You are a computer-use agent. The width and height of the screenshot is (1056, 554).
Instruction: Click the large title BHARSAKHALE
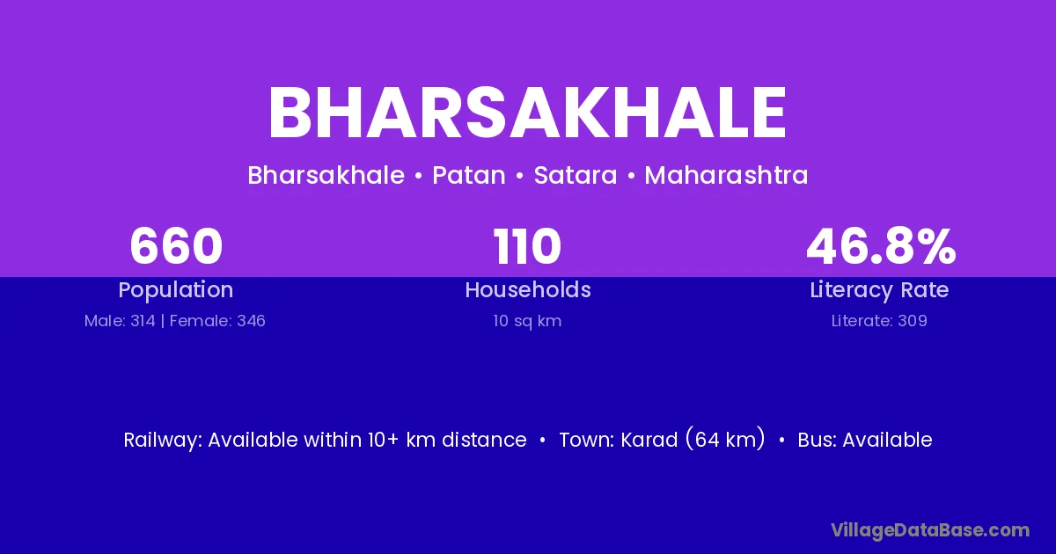[x=527, y=113]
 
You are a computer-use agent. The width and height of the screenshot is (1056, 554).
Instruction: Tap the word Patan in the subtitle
[x=469, y=176]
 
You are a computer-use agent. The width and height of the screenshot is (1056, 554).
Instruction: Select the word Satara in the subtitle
[x=576, y=176]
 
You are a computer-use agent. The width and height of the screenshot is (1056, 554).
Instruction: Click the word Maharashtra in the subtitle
[x=726, y=175]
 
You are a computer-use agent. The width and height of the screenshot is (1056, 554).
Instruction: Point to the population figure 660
[x=176, y=246]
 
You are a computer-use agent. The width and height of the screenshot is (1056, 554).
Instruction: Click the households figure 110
[x=527, y=246]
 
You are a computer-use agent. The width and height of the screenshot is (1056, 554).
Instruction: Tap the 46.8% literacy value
[x=881, y=246]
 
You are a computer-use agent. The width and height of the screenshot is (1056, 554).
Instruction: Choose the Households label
[x=528, y=289]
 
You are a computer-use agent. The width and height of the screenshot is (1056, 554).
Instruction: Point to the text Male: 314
[x=120, y=321]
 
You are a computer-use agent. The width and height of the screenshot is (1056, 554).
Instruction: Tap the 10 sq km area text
[x=527, y=321]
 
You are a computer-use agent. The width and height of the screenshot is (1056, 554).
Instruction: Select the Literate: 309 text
[x=879, y=321]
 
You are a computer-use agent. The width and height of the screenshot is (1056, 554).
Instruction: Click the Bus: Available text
[x=864, y=440]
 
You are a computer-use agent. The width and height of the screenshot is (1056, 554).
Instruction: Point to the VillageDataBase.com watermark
[x=930, y=530]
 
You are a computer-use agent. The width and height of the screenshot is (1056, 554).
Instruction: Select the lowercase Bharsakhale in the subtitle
[x=326, y=175]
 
